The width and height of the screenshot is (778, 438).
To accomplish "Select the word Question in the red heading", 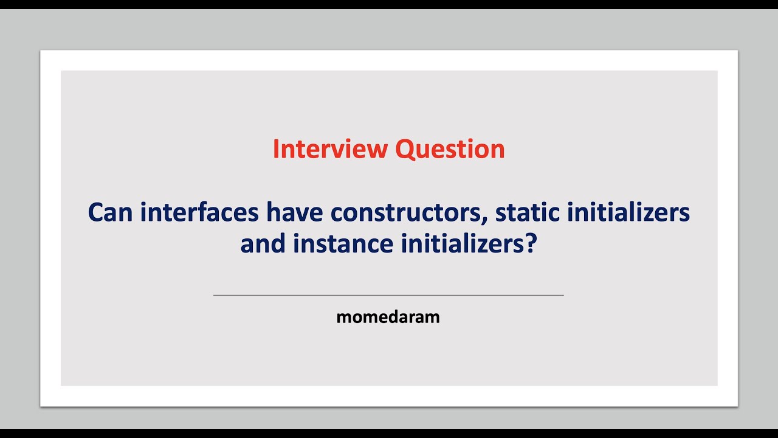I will (x=450, y=149).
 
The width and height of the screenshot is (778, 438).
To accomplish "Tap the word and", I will (x=263, y=245).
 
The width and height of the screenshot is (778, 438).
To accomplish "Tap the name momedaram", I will (x=388, y=317).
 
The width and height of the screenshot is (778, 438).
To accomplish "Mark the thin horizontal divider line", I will (x=388, y=295).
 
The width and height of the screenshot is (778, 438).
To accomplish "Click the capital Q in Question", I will (x=405, y=149).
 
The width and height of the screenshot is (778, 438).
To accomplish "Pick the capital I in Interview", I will (x=275, y=149).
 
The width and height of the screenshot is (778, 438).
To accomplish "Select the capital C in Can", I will (x=96, y=212).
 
